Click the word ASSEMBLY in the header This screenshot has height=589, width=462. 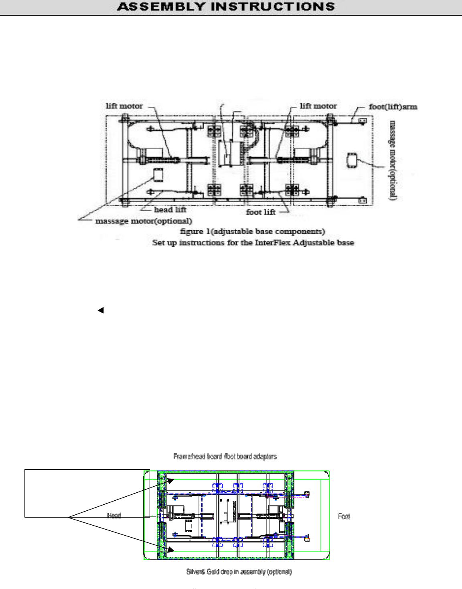pyautogui.click(x=161, y=7)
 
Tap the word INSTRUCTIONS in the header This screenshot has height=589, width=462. pyautogui.click(x=273, y=7)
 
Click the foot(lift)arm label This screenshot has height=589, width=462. pyautogui.click(x=393, y=107)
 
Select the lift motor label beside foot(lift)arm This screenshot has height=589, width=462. pyautogui.click(x=318, y=106)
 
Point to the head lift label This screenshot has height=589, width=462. pyautogui.click(x=170, y=209)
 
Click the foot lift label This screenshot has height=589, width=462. pyautogui.click(x=261, y=212)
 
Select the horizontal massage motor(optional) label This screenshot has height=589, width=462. pyautogui.click(x=144, y=221)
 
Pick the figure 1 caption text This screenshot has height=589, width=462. pyautogui.click(x=253, y=232)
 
